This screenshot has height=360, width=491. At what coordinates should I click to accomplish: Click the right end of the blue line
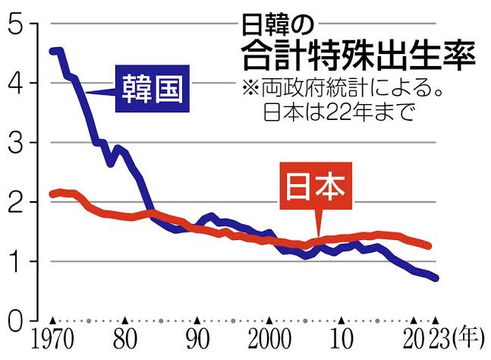(x=436, y=278)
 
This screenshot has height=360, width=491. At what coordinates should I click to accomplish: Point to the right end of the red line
(x=430, y=246)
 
